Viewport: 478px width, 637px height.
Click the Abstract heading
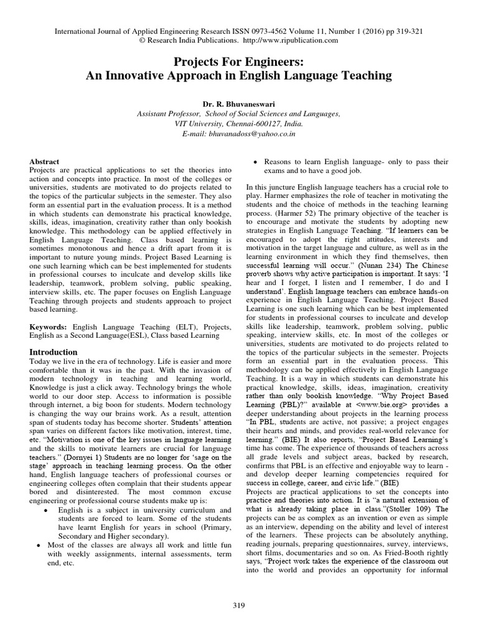(44, 161)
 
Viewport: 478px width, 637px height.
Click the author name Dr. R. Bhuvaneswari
(238, 105)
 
